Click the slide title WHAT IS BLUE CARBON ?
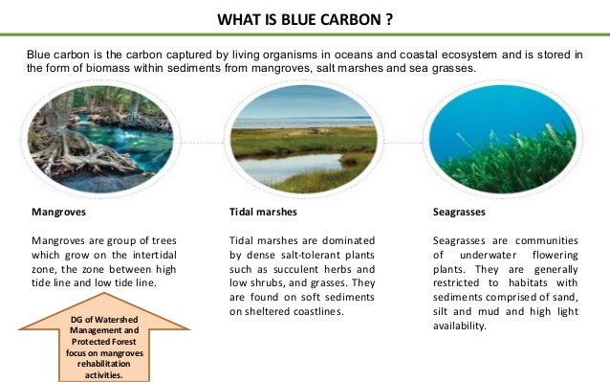[x=304, y=19]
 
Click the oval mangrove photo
[x=100, y=142]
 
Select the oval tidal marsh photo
[x=304, y=142]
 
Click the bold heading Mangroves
[x=58, y=211]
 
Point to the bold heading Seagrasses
[x=460, y=211]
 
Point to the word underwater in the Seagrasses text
[x=493, y=254]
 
